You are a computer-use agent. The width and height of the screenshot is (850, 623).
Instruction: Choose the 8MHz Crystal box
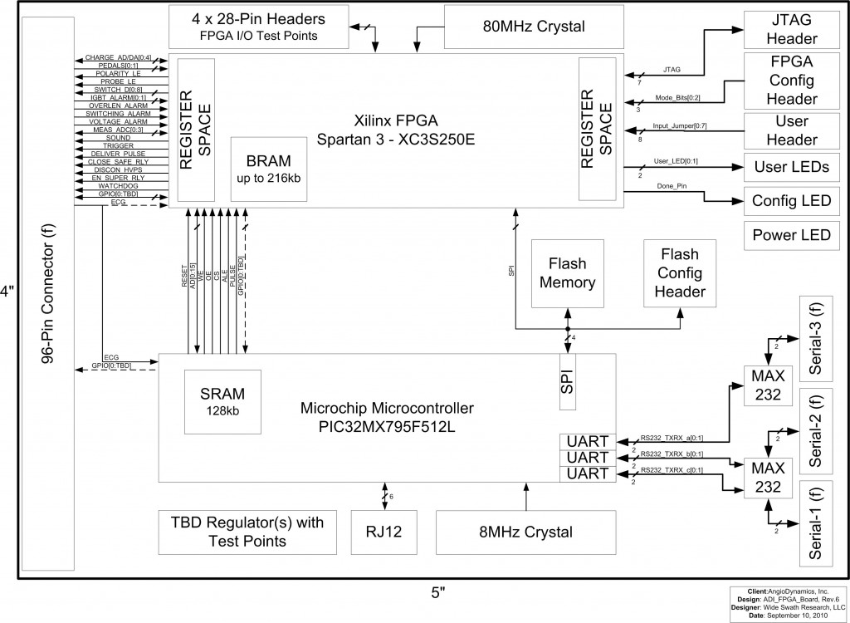pyautogui.click(x=525, y=532)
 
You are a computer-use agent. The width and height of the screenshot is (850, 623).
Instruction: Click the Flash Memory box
pyautogui.click(x=567, y=273)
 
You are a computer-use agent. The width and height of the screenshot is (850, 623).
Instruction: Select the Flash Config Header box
pyautogui.click(x=679, y=273)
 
